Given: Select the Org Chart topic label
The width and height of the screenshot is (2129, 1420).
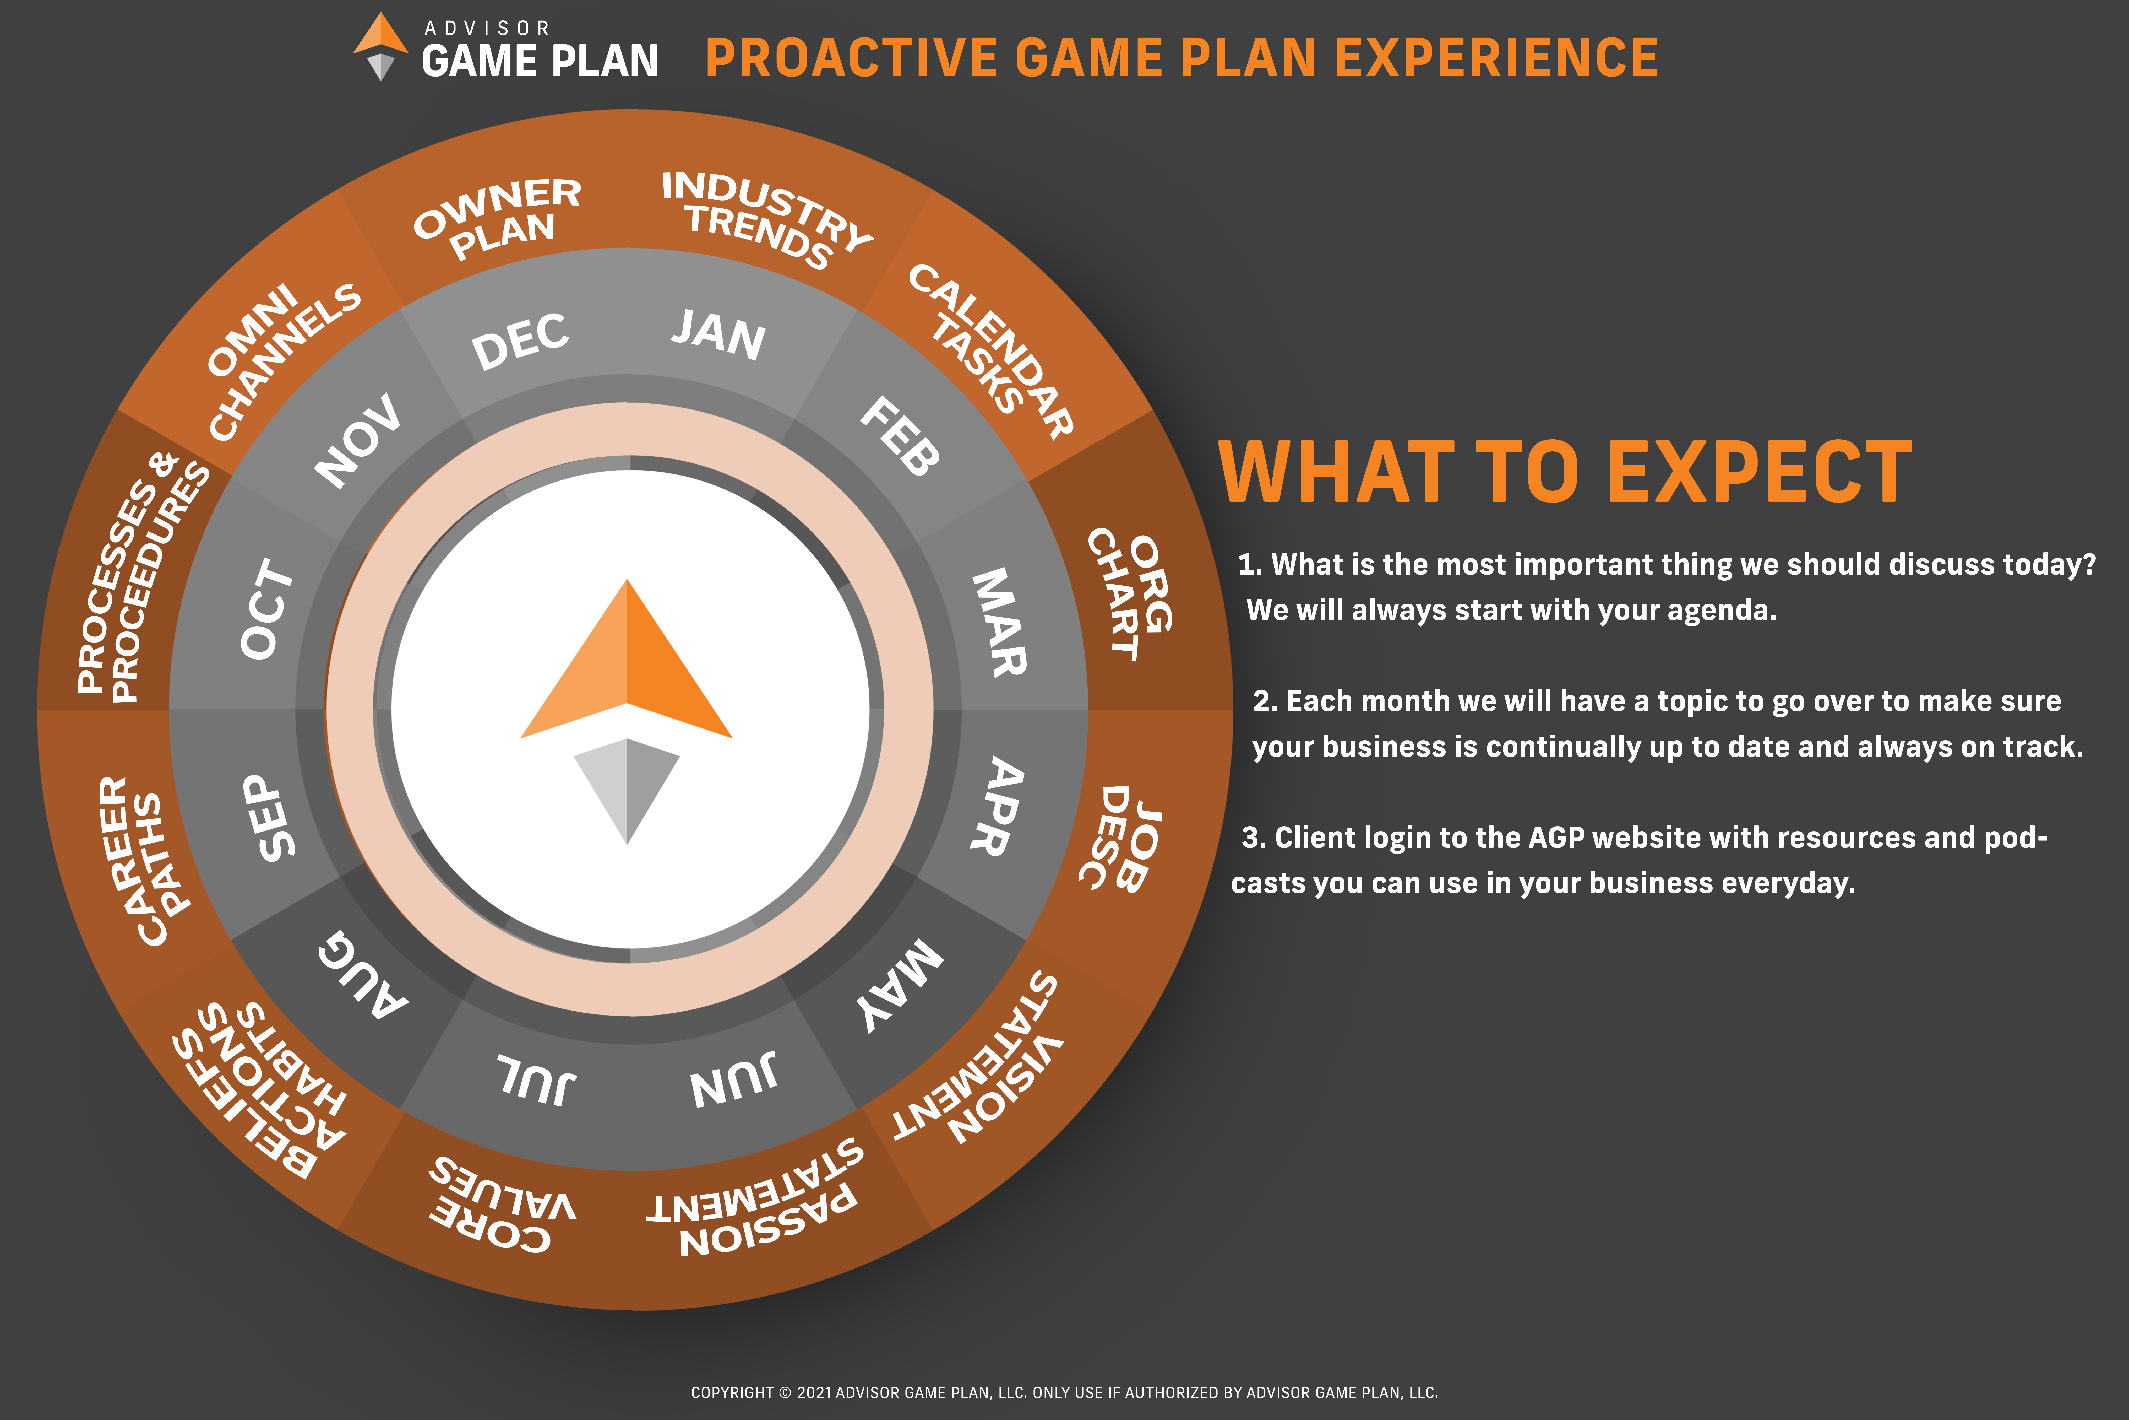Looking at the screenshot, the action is [x=1131, y=593].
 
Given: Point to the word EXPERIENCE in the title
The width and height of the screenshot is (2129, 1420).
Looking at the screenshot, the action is [x=1496, y=58].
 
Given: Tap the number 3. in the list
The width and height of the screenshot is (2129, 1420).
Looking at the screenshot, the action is [x=1254, y=838].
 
